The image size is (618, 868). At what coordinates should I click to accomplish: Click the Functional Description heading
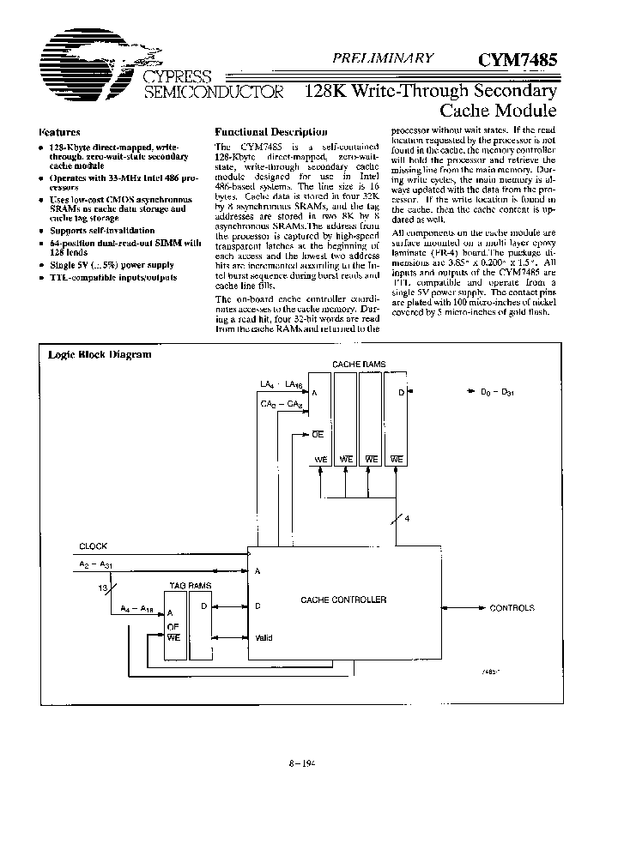pyautogui.click(x=270, y=132)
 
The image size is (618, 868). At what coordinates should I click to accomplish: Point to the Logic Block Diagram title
pyautogui.click(x=100, y=354)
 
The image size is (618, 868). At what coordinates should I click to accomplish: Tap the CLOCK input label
pyautogui.click(x=94, y=546)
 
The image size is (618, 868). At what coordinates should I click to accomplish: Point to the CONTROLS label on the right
pyautogui.click(x=512, y=608)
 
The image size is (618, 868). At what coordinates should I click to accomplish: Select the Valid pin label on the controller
pyautogui.click(x=265, y=637)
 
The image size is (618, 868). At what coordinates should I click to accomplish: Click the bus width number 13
pyautogui.click(x=105, y=588)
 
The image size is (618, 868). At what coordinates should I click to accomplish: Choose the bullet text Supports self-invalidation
pyautogui.click(x=102, y=231)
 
